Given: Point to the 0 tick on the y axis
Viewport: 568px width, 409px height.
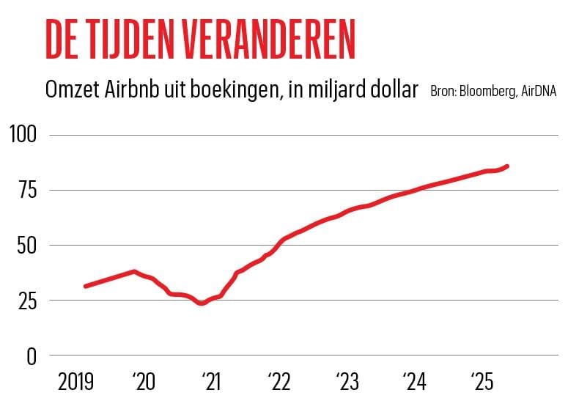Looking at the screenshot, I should click(x=31, y=356).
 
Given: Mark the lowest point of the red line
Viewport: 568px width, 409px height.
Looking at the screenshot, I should click(x=202, y=303).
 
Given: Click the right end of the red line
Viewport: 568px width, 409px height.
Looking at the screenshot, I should click(x=508, y=166).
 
